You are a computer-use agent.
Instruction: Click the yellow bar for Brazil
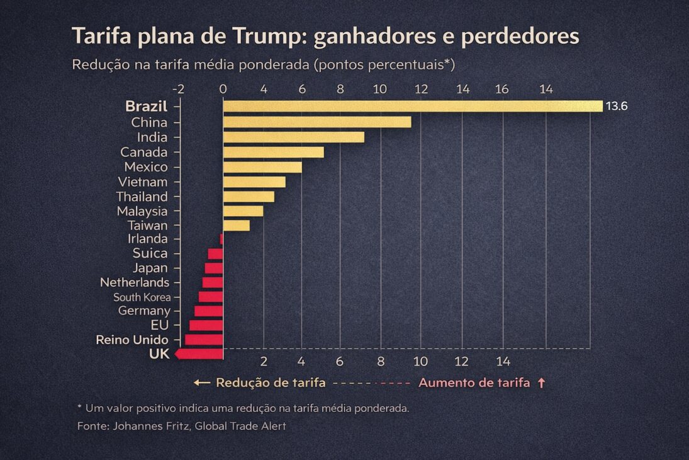click(412, 106)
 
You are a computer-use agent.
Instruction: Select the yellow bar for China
click(316, 122)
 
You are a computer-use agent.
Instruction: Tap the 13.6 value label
click(616, 106)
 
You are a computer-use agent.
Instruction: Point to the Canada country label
click(144, 152)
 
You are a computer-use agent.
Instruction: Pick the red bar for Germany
click(208, 311)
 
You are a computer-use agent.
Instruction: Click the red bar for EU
click(206, 325)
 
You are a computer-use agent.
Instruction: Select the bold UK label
click(159, 354)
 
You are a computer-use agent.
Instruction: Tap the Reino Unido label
click(132, 340)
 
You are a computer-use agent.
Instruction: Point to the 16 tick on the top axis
click(501, 89)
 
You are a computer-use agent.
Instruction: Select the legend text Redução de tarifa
click(271, 382)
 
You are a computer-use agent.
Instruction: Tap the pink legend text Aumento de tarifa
click(474, 382)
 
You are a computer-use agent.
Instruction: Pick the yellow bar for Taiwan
click(236, 225)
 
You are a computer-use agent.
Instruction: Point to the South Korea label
click(142, 297)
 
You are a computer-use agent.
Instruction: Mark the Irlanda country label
click(148, 239)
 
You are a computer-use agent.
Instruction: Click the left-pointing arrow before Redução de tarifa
click(201, 382)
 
